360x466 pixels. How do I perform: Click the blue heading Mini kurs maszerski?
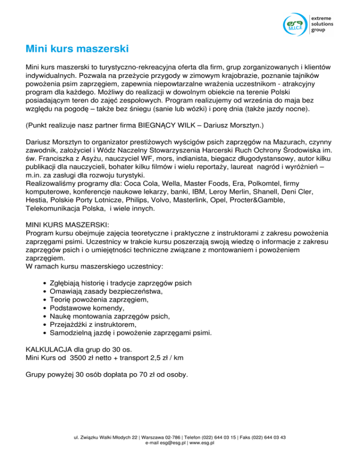point(77,49)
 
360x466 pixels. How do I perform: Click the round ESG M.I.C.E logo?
point(295,24)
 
